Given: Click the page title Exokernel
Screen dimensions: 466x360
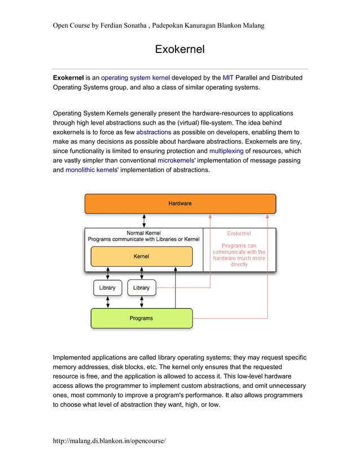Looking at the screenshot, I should [179, 50].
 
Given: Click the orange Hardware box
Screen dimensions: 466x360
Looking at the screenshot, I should [180, 204].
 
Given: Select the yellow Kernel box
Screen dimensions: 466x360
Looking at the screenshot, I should [141, 257].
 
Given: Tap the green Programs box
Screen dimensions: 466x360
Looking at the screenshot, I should [141, 318].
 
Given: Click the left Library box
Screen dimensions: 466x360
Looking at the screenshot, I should [107, 288].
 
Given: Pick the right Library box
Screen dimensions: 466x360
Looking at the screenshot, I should [141, 288].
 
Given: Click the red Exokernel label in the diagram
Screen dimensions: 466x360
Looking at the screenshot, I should [239, 233].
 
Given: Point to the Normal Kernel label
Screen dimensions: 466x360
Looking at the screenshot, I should [143, 232].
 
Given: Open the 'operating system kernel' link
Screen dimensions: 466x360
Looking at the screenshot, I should [135, 77].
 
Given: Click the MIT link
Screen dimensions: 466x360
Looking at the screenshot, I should [228, 77].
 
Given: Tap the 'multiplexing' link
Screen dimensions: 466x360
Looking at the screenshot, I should [226, 151].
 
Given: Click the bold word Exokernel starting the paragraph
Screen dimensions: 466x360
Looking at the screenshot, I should [68, 77].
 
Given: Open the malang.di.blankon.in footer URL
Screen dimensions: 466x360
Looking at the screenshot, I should [109, 440].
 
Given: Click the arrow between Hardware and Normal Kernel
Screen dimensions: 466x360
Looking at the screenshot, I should [145, 221].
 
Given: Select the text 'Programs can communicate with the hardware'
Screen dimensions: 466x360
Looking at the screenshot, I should [239, 252].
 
